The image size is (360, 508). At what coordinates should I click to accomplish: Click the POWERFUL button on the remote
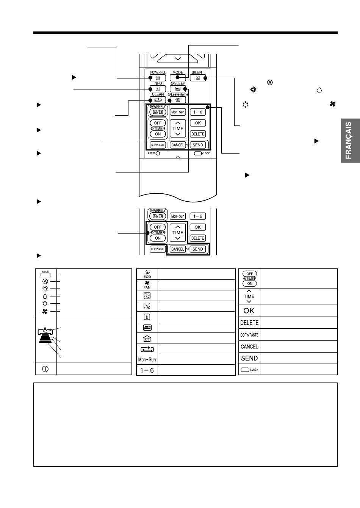coord(158,78)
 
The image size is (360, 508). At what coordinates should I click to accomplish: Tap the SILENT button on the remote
coord(198,78)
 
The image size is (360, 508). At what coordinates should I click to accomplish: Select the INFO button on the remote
coord(158,89)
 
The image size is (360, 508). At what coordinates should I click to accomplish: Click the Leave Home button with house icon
coord(178,100)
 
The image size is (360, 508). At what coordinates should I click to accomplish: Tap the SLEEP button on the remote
coord(178,89)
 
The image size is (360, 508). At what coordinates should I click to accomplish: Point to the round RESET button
coord(158,153)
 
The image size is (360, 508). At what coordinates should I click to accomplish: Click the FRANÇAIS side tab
coord(350,140)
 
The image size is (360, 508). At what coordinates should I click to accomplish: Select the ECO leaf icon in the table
coord(147,274)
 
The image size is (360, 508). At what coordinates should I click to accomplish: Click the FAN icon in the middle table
coord(147,285)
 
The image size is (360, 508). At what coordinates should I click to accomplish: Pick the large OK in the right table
coord(249,310)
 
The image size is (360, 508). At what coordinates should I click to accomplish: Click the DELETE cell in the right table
coord(249,323)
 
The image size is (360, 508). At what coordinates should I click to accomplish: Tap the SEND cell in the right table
coord(249,358)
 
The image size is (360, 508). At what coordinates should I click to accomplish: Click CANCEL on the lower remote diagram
coord(177,249)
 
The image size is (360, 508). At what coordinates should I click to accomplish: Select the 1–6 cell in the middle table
coord(147,370)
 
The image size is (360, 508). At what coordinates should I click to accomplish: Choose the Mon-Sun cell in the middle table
coord(147,359)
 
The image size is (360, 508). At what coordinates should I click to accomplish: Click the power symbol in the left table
coord(45,369)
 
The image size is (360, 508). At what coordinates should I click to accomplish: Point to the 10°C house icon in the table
coord(147,339)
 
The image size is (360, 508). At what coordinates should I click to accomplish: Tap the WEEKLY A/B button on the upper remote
coord(158,112)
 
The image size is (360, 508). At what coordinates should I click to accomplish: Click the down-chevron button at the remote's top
coord(178,58)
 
